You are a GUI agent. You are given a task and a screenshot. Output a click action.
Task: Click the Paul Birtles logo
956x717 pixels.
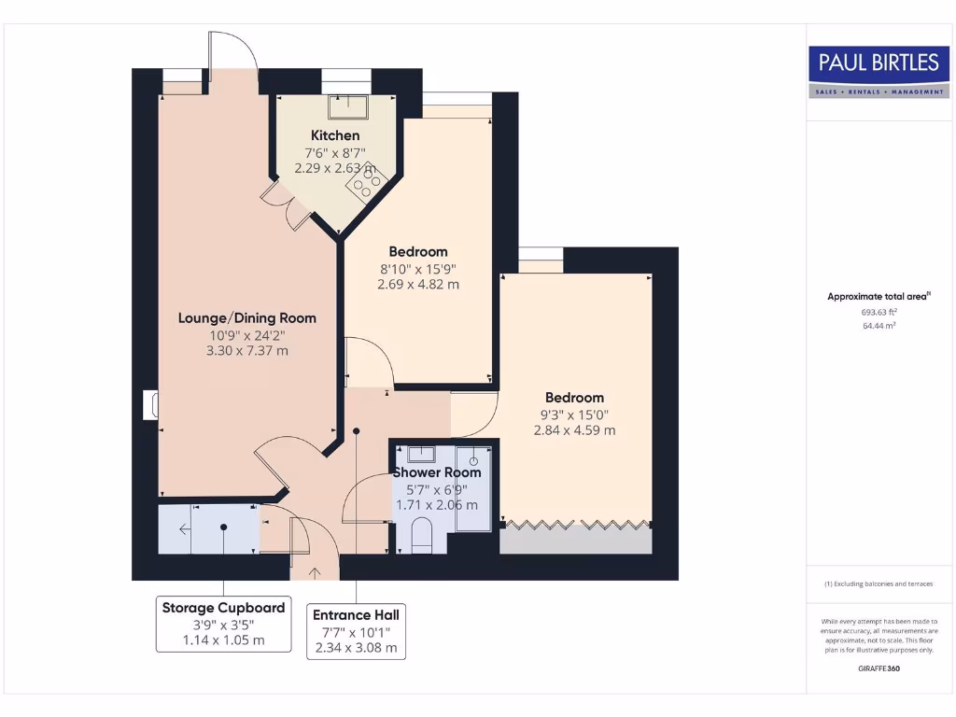point(879,71)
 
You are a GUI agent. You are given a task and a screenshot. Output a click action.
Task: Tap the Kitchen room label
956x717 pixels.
point(335,135)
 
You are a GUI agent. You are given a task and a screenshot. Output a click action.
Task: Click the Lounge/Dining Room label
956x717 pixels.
point(247,317)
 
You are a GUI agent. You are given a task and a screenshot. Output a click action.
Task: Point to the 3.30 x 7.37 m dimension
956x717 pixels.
point(247,351)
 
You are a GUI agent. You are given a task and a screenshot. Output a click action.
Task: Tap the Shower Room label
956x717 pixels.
point(436,472)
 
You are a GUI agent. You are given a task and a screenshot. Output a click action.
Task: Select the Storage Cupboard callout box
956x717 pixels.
point(222,625)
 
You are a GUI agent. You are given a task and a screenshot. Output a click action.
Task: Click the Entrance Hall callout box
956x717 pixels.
point(356,631)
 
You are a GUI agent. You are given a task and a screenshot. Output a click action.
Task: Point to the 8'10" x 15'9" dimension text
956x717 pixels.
point(417,269)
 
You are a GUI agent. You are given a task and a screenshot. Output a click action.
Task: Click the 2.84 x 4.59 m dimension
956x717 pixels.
point(574,430)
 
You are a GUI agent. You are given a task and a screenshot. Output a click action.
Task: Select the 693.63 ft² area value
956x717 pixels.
point(879,313)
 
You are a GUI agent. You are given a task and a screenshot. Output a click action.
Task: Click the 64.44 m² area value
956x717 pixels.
point(879,326)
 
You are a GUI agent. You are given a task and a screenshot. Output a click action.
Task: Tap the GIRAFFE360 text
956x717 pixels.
point(879,668)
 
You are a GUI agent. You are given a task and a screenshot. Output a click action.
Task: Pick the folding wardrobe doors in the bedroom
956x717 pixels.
point(576,523)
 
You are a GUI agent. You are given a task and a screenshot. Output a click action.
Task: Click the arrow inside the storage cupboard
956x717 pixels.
point(185,529)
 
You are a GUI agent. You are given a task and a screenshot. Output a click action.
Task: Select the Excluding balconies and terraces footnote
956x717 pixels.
point(879,583)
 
